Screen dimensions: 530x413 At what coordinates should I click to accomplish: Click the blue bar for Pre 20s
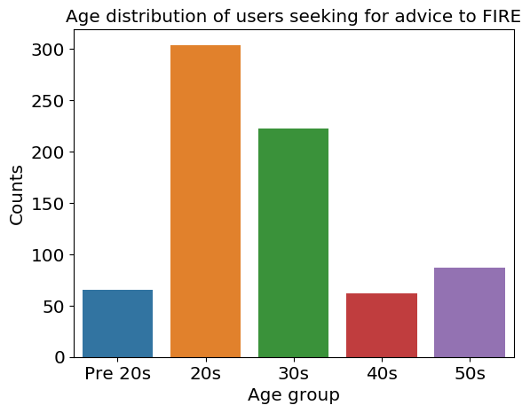tap(117, 323)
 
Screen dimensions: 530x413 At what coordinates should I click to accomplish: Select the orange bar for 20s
tap(205, 201)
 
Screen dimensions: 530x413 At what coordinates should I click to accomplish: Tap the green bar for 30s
tap(293, 243)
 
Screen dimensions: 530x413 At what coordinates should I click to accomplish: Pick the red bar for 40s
tap(382, 325)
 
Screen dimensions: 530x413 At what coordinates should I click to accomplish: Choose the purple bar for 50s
tap(470, 313)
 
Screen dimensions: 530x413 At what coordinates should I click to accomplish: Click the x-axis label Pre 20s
tap(117, 374)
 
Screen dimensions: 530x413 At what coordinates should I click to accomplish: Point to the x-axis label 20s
tap(205, 374)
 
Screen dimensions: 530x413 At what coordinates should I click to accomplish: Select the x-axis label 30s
tap(293, 374)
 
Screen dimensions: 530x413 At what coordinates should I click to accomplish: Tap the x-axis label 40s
tap(382, 374)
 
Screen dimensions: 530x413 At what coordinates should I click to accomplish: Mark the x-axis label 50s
tap(470, 374)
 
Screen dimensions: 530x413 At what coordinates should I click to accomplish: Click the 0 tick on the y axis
tap(59, 357)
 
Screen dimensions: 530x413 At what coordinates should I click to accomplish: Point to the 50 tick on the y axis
tap(54, 307)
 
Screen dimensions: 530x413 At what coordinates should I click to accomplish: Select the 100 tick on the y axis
tap(48, 255)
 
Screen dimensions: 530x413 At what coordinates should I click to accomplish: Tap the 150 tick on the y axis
tap(48, 204)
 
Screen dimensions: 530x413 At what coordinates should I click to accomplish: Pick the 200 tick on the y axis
tap(48, 152)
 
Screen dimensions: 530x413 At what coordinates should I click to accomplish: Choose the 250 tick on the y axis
tap(48, 100)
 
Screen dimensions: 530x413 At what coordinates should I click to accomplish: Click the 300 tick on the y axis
tap(48, 50)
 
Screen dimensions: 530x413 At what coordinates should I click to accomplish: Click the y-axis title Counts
tap(16, 195)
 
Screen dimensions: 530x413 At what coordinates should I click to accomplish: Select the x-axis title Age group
tap(293, 395)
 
